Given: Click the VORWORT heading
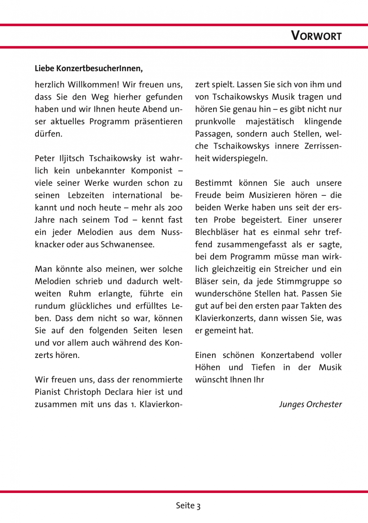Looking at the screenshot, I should pyautogui.click(x=316, y=36).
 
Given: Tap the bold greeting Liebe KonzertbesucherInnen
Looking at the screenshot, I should pyautogui.click(x=89, y=69).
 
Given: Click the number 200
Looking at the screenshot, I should pyautogui.click(x=175, y=208).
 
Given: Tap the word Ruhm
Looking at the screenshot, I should pyautogui.click(x=80, y=294).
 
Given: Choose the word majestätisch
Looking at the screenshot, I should pyautogui.click(x=269, y=122).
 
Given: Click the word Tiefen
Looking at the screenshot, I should pyautogui.click(x=263, y=367).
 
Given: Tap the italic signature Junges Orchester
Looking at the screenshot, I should pyautogui.click(x=310, y=404).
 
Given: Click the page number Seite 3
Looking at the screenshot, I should pyautogui.click(x=188, y=506).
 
